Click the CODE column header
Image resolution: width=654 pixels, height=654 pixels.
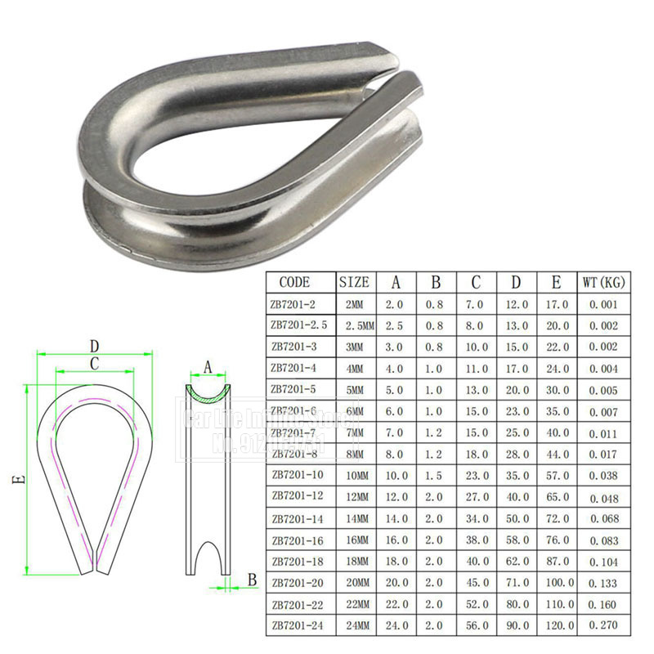click(294, 283)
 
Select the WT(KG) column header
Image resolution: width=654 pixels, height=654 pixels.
click(603, 283)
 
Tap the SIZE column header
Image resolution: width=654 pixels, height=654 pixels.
click(355, 283)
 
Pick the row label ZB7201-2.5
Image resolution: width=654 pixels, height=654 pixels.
click(298, 325)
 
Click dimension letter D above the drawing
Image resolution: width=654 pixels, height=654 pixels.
click(95, 345)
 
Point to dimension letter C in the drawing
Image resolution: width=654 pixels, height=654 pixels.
click(95, 363)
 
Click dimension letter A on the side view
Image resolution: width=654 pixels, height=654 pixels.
click(208, 368)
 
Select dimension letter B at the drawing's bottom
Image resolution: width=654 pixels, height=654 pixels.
click(251, 580)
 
